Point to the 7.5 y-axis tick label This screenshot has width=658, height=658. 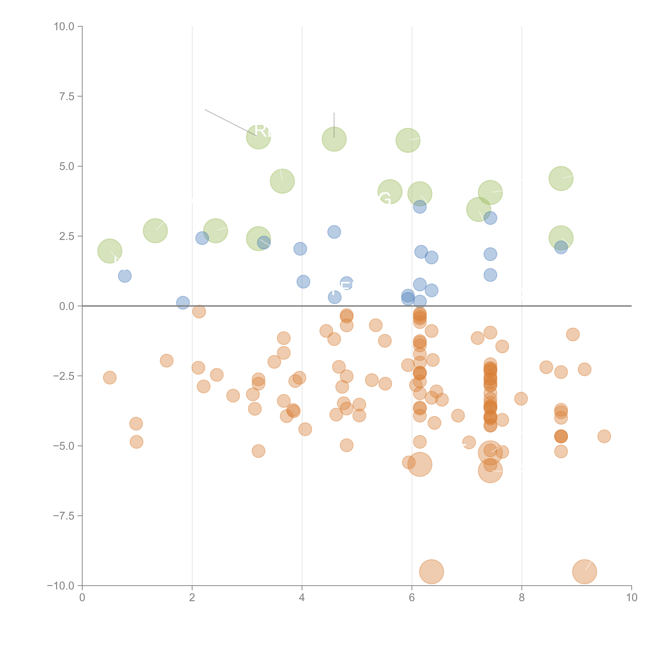point(66,96)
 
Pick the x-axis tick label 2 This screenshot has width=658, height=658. point(192,598)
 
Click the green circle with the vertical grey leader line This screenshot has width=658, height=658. point(334,139)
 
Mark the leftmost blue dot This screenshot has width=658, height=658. point(125,276)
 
